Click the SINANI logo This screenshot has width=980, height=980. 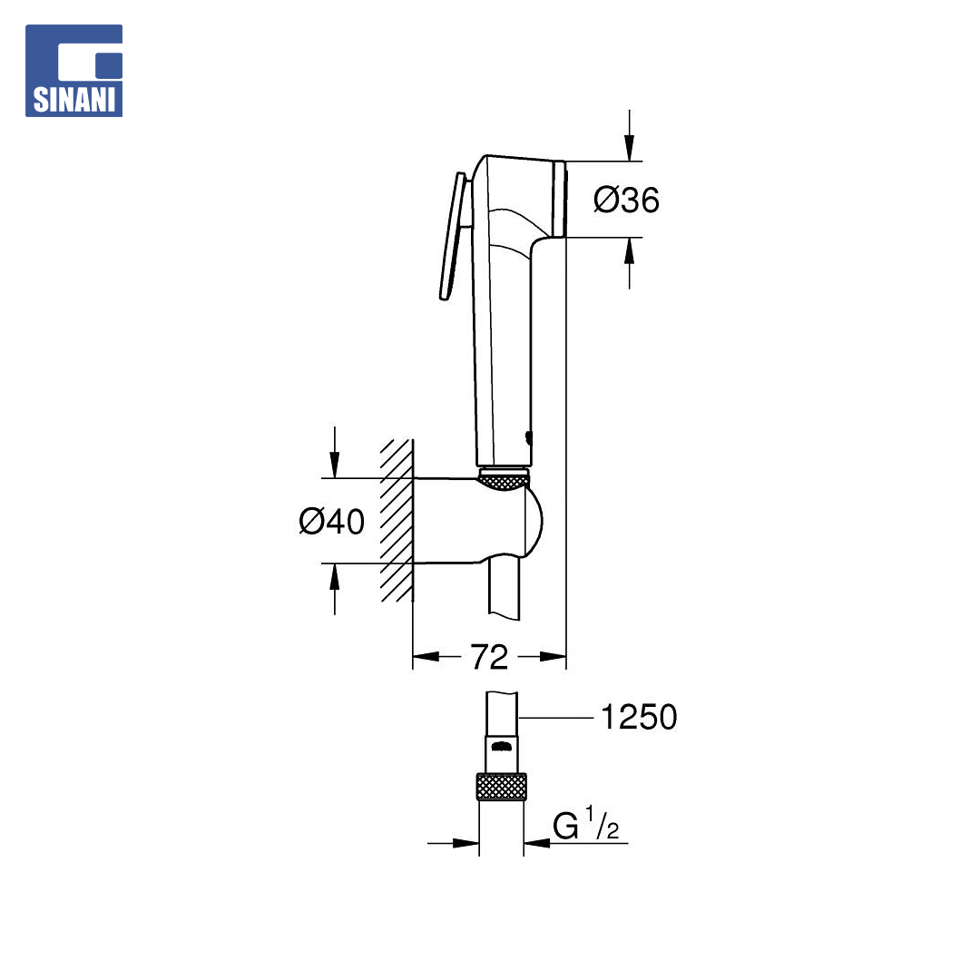coord(73,71)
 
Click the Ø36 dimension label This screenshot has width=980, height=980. coord(626,200)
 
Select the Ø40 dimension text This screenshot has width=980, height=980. coord(332,521)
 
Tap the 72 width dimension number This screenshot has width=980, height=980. coord(489,657)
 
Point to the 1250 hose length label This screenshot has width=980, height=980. coord(639,717)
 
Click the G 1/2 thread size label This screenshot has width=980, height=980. coord(585,824)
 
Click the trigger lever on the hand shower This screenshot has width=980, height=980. coord(453,236)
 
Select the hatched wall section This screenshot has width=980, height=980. coord(397,520)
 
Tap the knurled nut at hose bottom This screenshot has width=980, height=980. coord(501,786)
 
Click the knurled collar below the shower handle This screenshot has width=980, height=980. coord(504,481)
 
